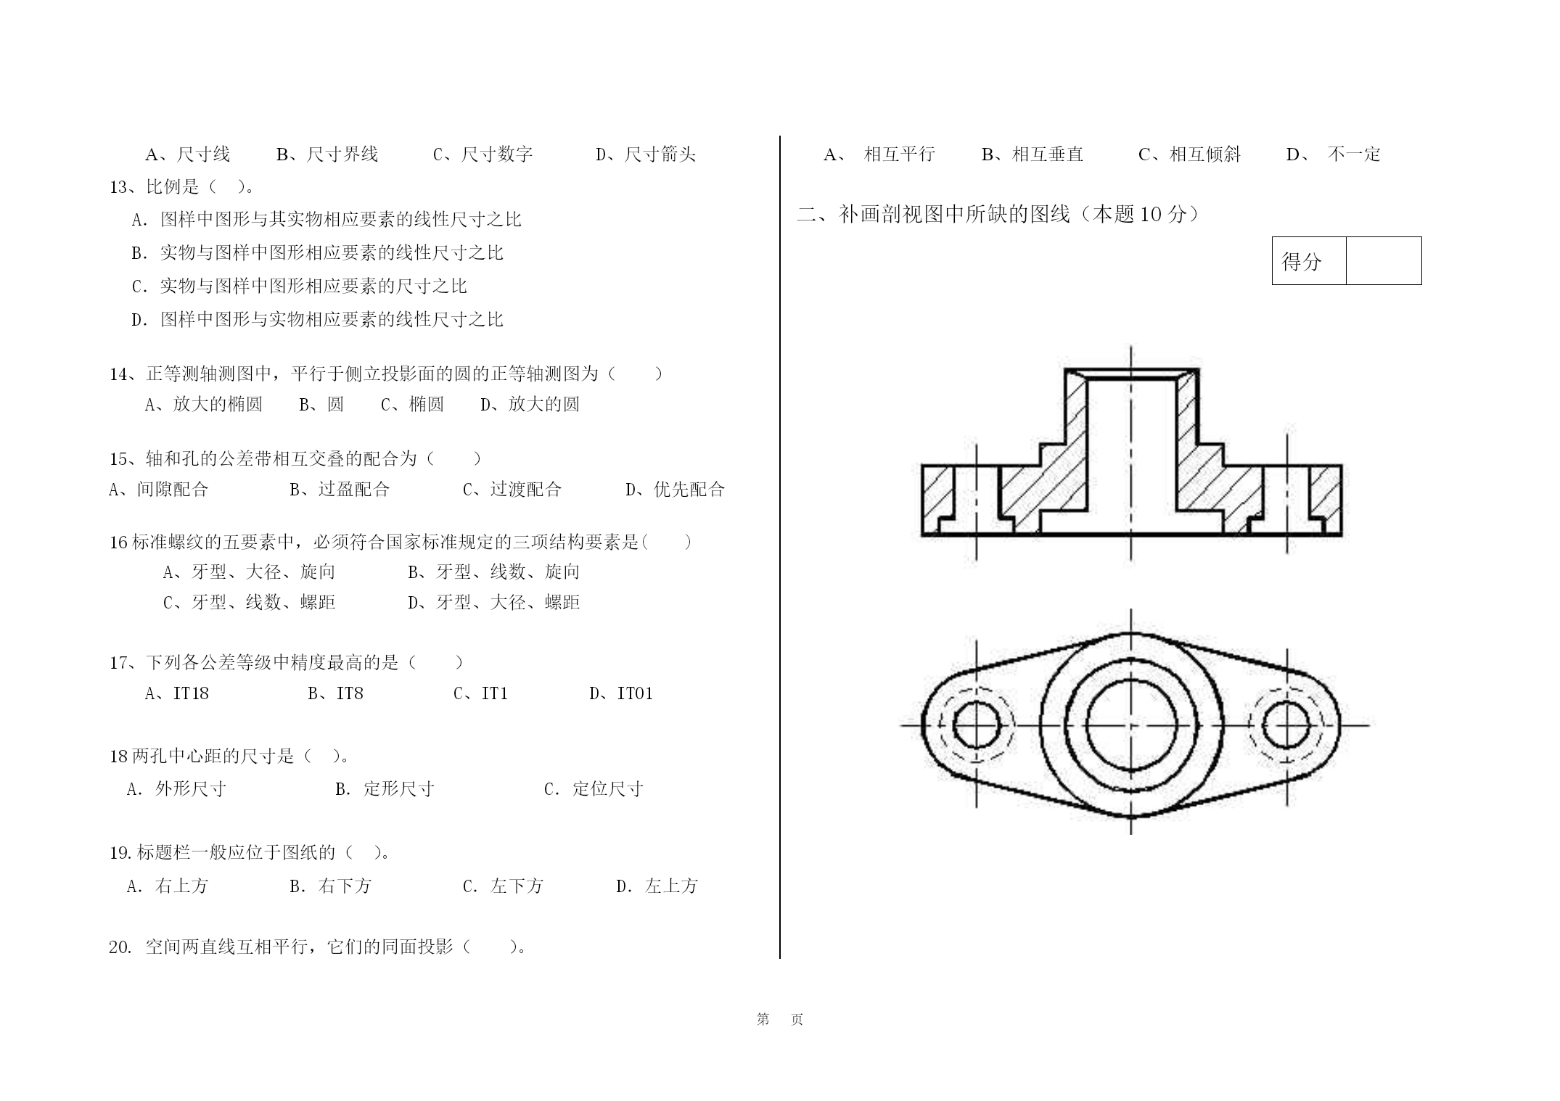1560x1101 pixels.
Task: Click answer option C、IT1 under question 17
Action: pos(480,693)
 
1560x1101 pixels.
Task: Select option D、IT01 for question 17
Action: pos(621,693)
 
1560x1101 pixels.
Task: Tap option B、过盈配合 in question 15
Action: pos(340,490)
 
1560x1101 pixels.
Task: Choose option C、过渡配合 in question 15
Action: pos(512,490)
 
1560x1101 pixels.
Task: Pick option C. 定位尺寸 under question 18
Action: pos(594,789)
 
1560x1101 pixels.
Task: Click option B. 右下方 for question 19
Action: pos(330,886)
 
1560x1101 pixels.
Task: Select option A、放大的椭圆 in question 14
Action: pos(204,404)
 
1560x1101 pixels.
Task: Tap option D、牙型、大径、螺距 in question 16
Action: pos(494,603)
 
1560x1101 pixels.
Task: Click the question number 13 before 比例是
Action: pos(119,187)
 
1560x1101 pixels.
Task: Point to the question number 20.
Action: pos(120,947)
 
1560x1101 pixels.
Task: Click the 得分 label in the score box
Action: pos(1302,262)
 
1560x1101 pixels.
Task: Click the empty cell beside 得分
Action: pos(1384,260)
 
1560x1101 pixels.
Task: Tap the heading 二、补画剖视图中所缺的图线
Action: pos(933,214)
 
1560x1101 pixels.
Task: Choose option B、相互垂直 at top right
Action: pos(1033,154)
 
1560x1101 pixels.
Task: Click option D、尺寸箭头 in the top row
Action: pos(646,154)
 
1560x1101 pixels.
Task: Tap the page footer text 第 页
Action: pos(780,1019)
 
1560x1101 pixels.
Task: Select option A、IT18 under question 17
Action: pos(177,693)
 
